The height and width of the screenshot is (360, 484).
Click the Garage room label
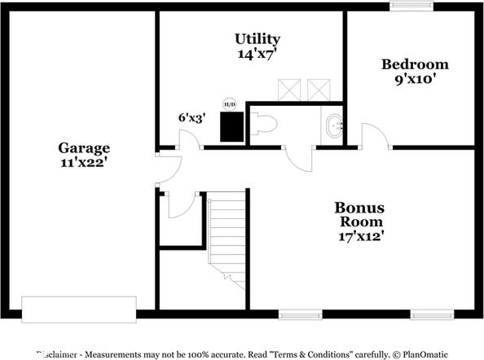[83, 147]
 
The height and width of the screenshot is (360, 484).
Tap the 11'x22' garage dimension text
[83, 162]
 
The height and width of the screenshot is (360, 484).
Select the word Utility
[257, 39]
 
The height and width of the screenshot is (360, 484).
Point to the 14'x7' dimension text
[257, 54]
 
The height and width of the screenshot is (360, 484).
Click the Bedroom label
[415, 64]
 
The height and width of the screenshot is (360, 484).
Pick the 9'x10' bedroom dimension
[415, 79]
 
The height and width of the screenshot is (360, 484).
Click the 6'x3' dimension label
[192, 117]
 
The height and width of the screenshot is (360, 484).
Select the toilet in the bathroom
[265, 125]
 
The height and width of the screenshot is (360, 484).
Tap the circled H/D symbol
[230, 104]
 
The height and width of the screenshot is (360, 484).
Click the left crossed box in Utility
[289, 89]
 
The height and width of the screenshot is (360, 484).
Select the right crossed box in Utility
[317, 89]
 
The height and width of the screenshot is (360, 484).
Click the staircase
[227, 236]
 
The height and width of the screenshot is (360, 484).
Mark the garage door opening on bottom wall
[79, 309]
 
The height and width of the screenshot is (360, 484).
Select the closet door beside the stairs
[180, 205]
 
